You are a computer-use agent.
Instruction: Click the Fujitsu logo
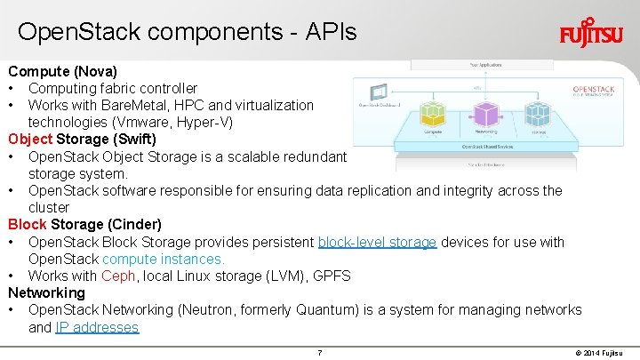point(590,35)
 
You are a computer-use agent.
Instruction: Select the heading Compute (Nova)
point(63,70)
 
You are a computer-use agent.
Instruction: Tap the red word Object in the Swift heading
point(30,139)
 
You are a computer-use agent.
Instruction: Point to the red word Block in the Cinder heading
point(27,224)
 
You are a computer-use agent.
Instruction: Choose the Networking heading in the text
point(46,292)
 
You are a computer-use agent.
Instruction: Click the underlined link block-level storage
point(377,242)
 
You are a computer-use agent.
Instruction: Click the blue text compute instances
point(164,259)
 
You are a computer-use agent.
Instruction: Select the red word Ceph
point(118,276)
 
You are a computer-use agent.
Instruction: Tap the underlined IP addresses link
point(97,327)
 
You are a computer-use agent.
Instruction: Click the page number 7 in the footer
point(319,353)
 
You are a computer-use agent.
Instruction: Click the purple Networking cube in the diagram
point(485,114)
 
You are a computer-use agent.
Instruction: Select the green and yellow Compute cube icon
point(433,115)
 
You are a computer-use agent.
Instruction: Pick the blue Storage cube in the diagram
point(539,115)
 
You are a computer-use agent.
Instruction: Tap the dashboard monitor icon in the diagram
point(379,92)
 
